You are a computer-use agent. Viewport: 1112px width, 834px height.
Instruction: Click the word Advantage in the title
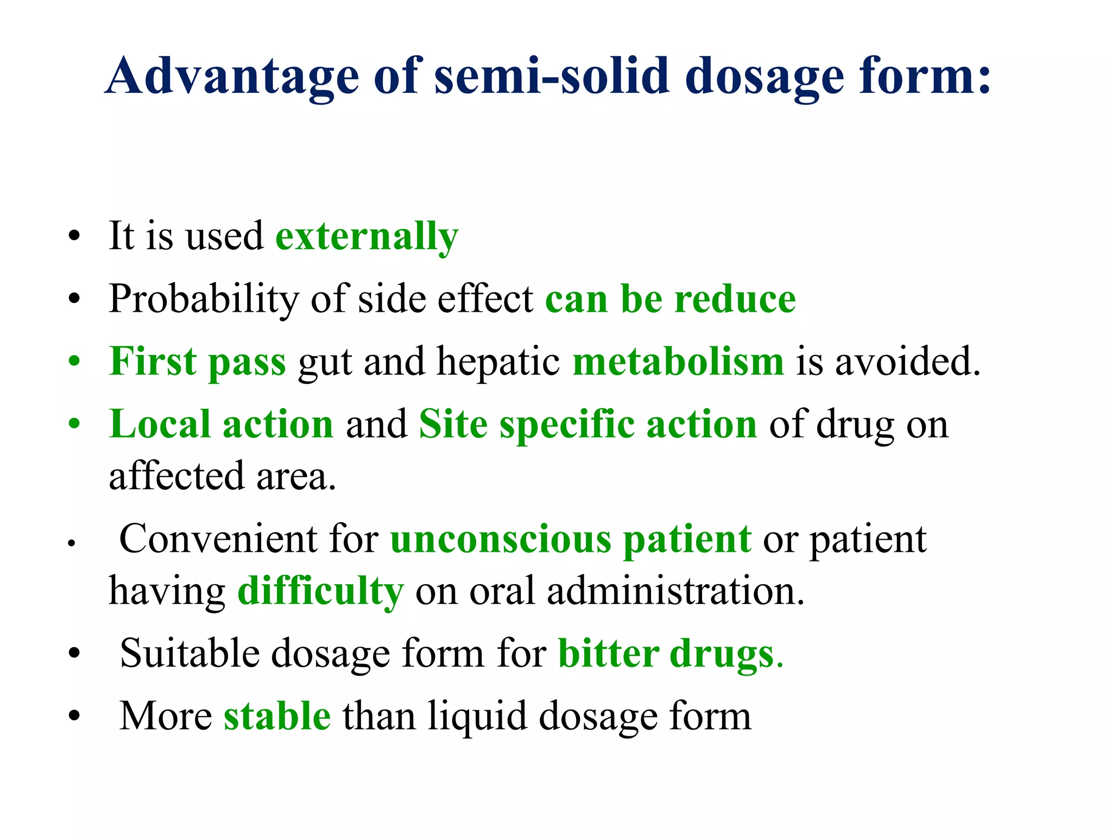pos(232,77)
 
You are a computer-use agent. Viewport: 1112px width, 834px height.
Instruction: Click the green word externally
pos(367,237)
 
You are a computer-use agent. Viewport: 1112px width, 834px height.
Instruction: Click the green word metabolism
pos(678,362)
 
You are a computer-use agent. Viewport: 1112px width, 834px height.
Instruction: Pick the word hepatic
pos(498,362)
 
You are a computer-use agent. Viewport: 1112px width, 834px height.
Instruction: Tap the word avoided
pos(907,362)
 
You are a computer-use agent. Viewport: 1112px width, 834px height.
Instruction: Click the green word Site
pos(453,424)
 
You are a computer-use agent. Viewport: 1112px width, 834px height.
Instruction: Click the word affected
pos(176,476)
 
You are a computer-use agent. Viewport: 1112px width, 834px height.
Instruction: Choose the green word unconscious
pos(501,539)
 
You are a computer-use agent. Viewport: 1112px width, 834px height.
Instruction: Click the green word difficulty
pos(320,591)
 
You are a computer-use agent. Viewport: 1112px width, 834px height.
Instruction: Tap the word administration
pos(675,591)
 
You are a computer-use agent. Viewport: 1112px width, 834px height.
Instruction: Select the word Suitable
pos(189,653)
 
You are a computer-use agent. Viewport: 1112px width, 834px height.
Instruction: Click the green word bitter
pos(609,653)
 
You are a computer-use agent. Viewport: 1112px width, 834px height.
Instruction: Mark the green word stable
pos(277,716)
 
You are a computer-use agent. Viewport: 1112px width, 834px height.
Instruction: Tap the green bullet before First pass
pos(74,362)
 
